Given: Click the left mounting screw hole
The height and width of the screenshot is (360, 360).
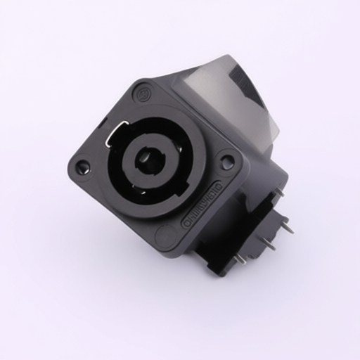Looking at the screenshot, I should [83, 167].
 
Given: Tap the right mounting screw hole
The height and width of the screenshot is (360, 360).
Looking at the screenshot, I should [227, 162].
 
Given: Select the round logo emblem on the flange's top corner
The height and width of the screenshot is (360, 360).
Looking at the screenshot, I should [143, 91].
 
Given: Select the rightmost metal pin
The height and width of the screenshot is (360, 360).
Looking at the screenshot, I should [288, 225].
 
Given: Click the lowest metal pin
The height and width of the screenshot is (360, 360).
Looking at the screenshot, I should [240, 258].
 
